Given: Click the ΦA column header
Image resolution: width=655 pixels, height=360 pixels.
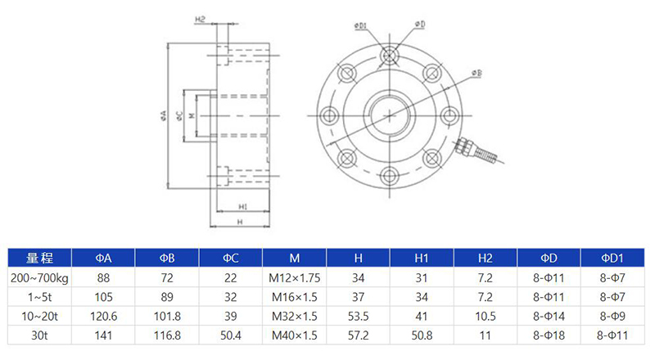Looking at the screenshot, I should coord(103,259).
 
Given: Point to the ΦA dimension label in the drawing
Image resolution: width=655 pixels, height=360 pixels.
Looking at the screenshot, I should coord(165,115).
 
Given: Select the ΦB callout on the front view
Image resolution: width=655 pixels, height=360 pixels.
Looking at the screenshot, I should coord(477,74).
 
